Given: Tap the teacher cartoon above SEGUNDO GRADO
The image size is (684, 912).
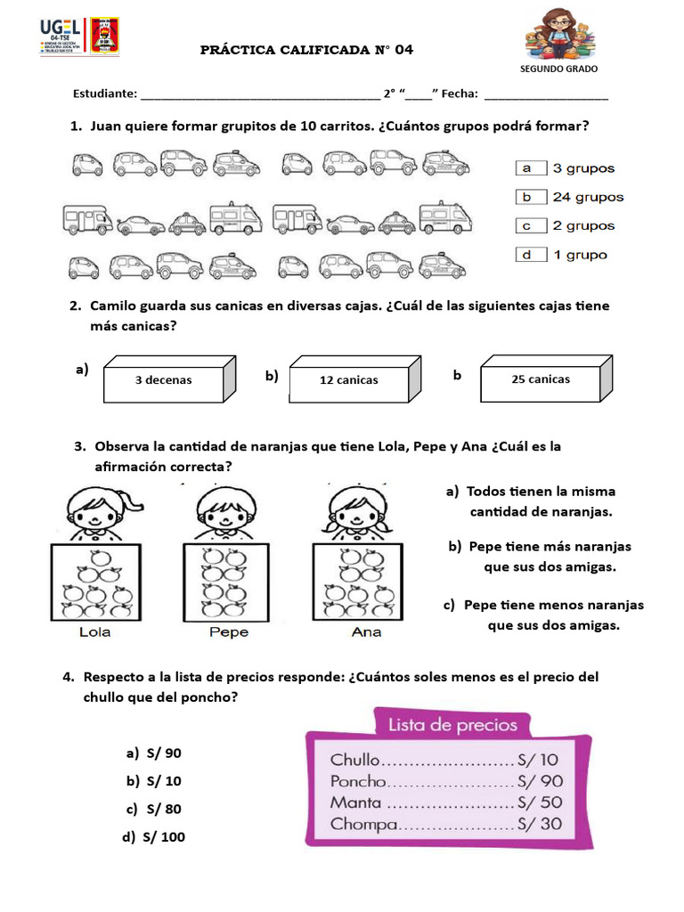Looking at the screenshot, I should pyautogui.click(x=558, y=35).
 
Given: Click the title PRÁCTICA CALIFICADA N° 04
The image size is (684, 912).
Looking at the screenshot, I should pyautogui.click(x=306, y=50).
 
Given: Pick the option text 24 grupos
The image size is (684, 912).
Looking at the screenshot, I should pyautogui.click(x=588, y=197).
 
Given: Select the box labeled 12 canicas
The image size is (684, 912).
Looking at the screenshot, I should pyautogui.click(x=348, y=380).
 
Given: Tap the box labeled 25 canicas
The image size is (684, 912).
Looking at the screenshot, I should pyautogui.click(x=541, y=379).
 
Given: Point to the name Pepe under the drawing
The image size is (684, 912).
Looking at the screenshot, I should pyautogui.click(x=229, y=632).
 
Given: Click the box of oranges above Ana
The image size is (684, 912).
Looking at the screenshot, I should pyautogui.click(x=361, y=582).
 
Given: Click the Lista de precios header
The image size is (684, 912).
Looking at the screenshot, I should pyautogui.click(x=452, y=725).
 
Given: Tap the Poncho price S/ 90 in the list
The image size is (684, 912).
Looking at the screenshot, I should pyautogui.click(x=540, y=782).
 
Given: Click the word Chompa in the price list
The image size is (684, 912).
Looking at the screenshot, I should pyautogui.click(x=363, y=825).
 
